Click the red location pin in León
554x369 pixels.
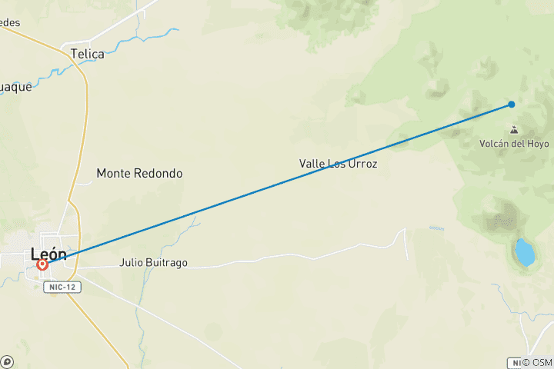point(42,264)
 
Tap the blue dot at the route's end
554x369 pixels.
point(512,105)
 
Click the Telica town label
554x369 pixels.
point(87,54)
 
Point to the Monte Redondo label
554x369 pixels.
point(139,174)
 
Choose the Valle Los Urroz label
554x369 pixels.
point(339,164)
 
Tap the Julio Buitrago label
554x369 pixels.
point(153,262)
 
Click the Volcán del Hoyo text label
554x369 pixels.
point(514,144)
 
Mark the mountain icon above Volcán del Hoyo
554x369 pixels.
point(513,130)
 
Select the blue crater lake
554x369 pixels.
point(525,251)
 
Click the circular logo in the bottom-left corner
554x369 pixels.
point(7,361)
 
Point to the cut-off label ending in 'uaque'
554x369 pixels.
point(16,87)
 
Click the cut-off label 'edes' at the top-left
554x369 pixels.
point(10,22)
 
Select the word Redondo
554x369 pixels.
point(161,174)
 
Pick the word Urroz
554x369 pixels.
point(362,164)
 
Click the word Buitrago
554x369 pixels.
point(166,262)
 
